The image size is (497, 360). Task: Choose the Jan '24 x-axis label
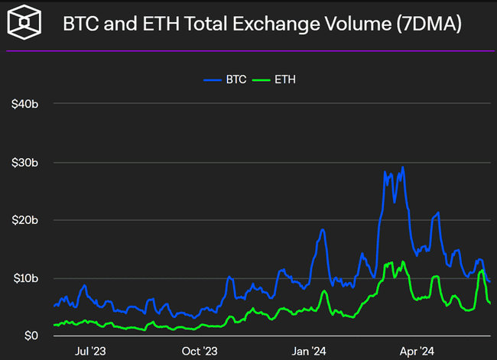(310, 351)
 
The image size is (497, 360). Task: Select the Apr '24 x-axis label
(417, 351)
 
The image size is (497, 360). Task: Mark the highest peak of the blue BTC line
(402, 167)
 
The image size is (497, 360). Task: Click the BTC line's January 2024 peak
(323, 229)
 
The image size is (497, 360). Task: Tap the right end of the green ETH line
(489, 303)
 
